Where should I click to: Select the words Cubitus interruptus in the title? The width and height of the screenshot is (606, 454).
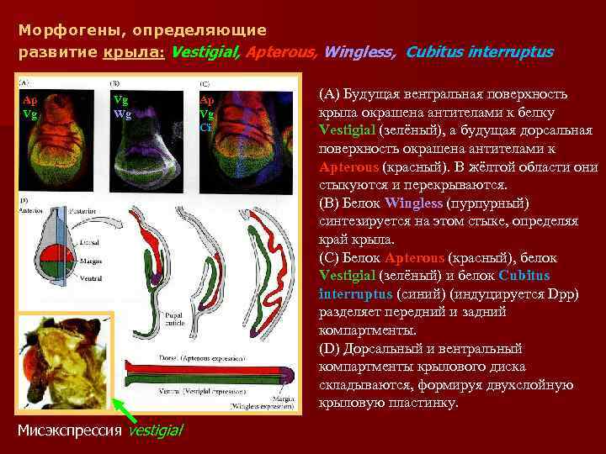click(479, 52)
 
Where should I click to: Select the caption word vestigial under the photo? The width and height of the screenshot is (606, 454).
click(154, 430)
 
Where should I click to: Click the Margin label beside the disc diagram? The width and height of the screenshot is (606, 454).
click(92, 261)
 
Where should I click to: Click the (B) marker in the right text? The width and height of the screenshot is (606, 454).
click(330, 203)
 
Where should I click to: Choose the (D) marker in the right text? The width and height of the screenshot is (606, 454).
click(330, 348)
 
